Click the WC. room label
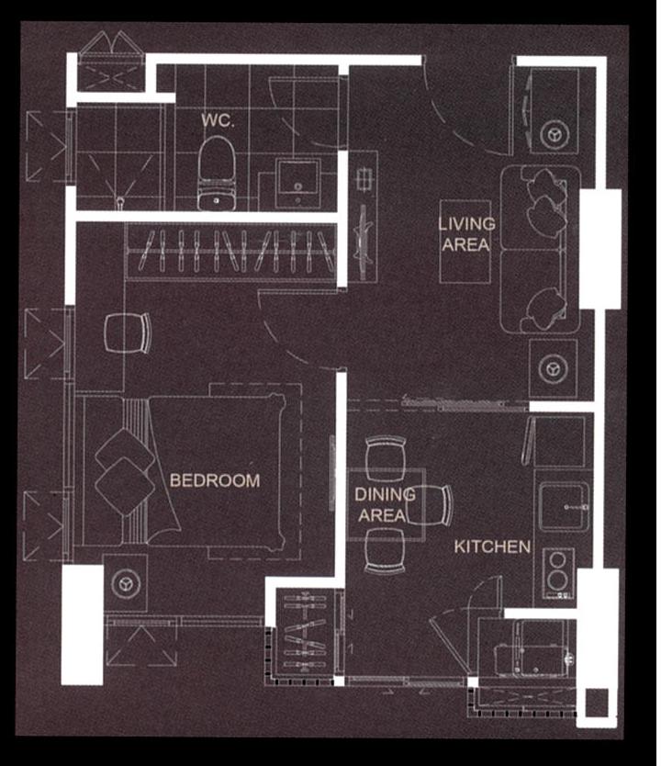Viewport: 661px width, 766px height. click(218, 119)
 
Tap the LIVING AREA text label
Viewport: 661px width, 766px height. click(466, 234)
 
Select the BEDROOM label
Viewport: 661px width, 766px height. click(215, 480)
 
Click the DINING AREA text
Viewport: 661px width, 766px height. click(385, 504)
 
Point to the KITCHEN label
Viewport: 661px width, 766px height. click(492, 546)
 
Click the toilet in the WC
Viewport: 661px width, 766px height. click(217, 174)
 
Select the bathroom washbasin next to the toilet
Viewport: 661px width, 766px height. click(297, 183)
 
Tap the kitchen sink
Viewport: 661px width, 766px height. click(564, 507)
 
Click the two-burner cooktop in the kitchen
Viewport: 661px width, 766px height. click(558, 573)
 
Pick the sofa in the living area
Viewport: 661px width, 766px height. click(540, 249)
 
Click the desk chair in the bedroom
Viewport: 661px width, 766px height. click(128, 332)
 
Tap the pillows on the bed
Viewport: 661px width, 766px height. click(125, 472)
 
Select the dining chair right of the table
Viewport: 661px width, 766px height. click(430, 505)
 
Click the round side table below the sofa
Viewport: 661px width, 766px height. click(553, 368)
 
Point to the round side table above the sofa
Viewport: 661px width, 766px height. click(555, 133)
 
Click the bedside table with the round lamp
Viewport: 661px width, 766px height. click(126, 583)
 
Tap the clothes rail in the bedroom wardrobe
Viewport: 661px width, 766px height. click(232, 251)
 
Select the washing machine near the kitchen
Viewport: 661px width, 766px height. click(533, 648)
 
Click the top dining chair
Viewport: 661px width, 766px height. click(386, 458)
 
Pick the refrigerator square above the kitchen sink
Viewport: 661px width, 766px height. click(559, 442)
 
